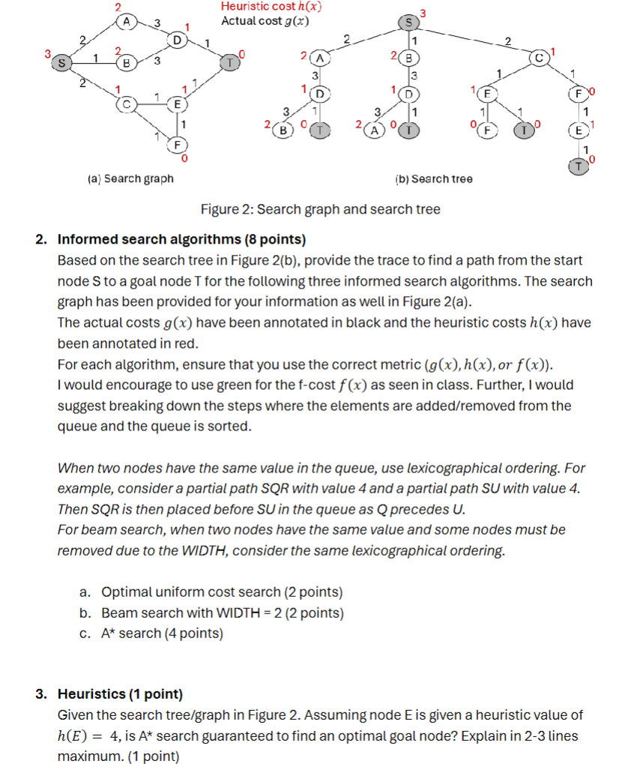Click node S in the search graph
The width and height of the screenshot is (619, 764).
click(59, 63)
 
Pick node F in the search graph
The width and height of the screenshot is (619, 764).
click(178, 142)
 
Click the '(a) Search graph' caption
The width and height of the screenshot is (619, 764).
click(130, 178)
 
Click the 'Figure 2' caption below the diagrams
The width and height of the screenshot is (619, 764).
click(320, 209)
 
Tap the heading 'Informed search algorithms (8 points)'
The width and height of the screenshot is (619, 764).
click(182, 240)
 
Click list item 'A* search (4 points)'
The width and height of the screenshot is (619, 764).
click(162, 634)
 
